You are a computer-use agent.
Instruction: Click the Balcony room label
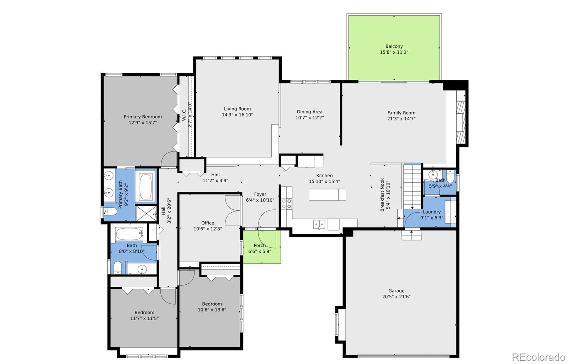[x=394, y=46]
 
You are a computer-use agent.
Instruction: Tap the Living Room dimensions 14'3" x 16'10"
[x=237, y=115]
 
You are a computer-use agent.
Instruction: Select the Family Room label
[x=401, y=113]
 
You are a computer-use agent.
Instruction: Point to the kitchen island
[x=327, y=195]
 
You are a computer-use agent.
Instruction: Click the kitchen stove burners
[x=287, y=204]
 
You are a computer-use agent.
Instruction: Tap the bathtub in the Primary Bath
[x=145, y=186]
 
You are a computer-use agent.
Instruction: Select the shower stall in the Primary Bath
[x=146, y=213]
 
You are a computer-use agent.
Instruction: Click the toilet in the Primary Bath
[x=110, y=211]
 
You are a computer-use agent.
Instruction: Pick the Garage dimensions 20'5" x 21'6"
[x=396, y=296]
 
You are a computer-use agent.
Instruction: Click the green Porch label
[x=260, y=246]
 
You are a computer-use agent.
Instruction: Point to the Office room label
[x=208, y=223]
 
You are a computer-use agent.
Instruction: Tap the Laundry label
[x=432, y=212]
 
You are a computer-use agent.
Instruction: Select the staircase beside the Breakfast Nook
[x=413, y=186]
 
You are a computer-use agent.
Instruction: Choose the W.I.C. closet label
[x=184, y=114]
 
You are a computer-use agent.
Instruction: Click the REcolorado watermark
[x=538, y=357]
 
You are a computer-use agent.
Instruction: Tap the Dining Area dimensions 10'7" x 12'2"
[x=309, y=118]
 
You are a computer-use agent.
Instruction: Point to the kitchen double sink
[x=319, y=225]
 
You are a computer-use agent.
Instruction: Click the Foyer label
[x=260, y=194]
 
